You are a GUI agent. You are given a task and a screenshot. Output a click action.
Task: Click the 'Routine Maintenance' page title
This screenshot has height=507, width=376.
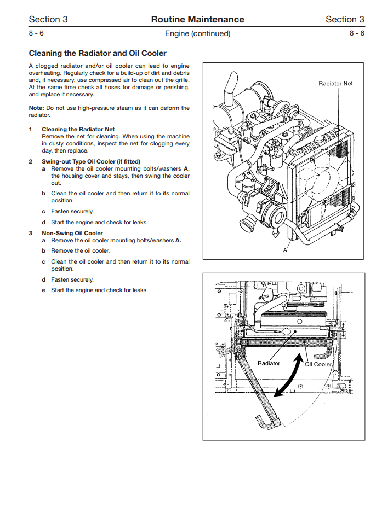(197, 20)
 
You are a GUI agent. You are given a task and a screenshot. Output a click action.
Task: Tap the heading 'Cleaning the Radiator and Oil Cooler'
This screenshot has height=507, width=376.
(98, 54)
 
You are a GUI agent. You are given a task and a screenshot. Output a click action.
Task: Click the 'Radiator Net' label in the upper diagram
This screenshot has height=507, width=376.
(335, 84)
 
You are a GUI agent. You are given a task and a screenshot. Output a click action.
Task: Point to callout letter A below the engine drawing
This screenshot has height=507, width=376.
(285, 249)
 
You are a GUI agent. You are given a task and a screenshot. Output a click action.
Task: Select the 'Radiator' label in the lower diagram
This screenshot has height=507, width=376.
(269, 363)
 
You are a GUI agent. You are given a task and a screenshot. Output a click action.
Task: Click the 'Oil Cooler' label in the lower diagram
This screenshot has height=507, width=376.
(318, 364)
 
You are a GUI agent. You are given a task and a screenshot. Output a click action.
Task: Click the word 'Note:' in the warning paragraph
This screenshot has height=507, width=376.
(37, 108)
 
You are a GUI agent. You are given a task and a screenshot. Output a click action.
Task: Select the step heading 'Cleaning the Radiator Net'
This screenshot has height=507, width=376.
(78, 130)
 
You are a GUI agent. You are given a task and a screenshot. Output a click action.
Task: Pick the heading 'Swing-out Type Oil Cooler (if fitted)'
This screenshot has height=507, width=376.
(91, 162)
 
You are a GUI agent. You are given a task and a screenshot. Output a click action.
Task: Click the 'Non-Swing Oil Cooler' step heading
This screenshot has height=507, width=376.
(72, 233)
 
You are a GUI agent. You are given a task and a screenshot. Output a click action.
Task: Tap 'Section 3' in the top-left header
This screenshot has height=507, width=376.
(48, 20)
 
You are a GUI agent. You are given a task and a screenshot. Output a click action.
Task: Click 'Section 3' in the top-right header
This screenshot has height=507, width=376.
(345, 20)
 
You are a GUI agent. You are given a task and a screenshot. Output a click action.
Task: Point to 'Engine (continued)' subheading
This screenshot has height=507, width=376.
(197, 33)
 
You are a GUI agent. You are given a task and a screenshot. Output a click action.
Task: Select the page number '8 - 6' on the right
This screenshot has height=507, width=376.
(357, 33)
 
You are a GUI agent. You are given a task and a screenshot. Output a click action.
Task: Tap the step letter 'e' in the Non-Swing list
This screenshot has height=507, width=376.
(43, 290)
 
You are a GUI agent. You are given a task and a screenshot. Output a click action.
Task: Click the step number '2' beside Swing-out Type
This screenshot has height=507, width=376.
(31, 162)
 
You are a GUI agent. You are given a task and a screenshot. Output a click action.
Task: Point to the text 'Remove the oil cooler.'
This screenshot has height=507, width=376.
(81, 250)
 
